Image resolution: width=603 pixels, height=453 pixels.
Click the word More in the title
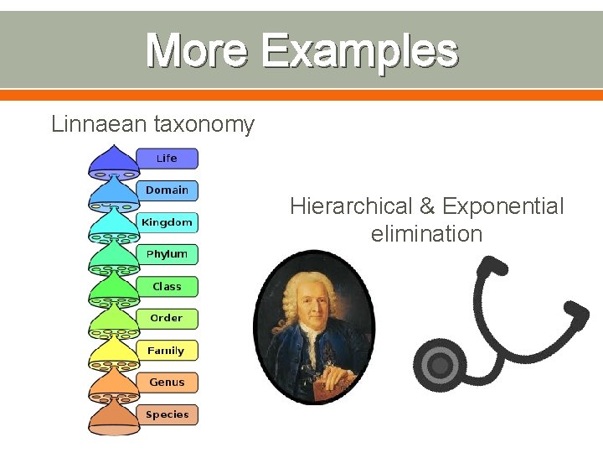(198, 50)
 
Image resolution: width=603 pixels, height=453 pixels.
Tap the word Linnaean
(99, 125)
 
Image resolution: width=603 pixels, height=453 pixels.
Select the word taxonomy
(204, 125)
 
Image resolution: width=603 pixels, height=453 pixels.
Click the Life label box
(167, 159)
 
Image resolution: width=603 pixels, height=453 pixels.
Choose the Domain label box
(167, 190)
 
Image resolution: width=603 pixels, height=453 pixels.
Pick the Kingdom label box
(167, 222)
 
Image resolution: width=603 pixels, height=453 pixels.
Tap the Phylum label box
(167, 254)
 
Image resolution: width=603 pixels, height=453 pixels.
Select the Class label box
(167, 287)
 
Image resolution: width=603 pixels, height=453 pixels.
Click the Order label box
(167, 319)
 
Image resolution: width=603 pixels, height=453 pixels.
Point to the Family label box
(167, 351)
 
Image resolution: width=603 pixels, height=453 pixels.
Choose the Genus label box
(167, 383)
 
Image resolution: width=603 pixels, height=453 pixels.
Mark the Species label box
(167, 414)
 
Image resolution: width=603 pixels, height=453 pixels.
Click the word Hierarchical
(351, 206)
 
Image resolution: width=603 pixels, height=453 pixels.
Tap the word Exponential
(503, 206)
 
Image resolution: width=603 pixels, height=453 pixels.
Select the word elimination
(427, 234)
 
